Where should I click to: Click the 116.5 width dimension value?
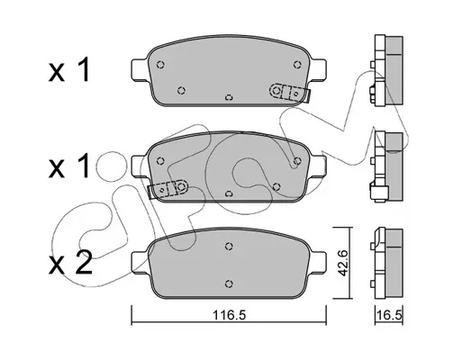pos(229,315)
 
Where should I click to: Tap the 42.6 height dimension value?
pos(343,263)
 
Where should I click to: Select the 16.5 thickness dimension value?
pos(389,315)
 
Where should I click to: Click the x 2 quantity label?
pos(70,263)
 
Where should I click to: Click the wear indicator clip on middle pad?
pos(168,188)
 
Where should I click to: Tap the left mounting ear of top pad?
pos(140,69)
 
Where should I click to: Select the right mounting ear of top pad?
pos(318,69)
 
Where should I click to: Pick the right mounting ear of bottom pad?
pos(318,263)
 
